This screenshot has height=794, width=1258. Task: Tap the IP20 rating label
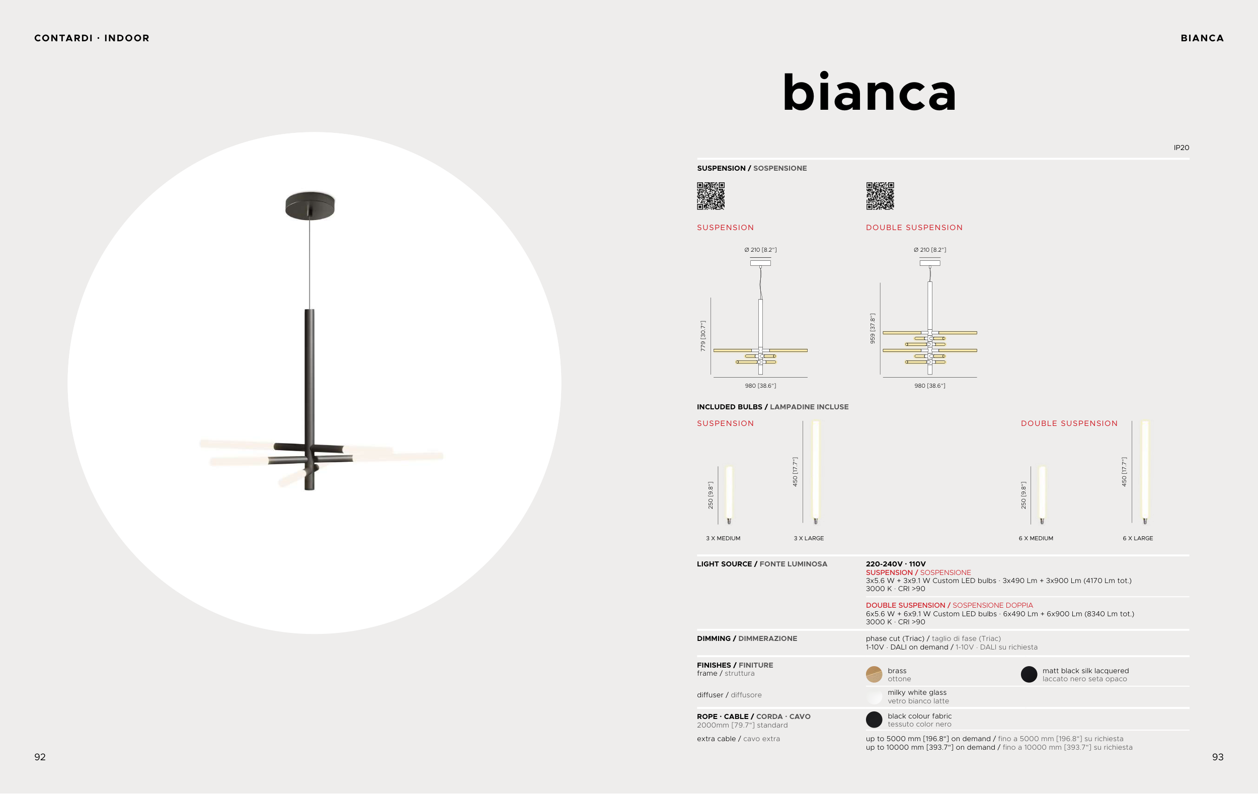pyautogui.click(x=1181, y=148)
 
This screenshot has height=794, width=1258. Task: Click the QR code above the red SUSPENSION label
pyautogui.click(x=711, y=196)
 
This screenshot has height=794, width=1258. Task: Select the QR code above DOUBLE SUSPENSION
pyautogui.click(x=880, y=196)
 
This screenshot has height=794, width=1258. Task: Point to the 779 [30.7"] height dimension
pyautogui.click(x=703, y=336)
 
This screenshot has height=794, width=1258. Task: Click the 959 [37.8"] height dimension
pyautogui.click(x=873, y=328)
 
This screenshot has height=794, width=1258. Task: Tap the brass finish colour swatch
pyautogui.click(x=874, y=674)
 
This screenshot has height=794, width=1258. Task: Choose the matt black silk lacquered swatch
pyautogui.click(x=1029, y=674)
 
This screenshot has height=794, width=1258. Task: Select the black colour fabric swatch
pyautogui.click(x=874, y=720)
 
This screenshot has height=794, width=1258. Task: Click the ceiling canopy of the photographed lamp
pyautogui.click(x=310, y=205)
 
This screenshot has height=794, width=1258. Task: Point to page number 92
pyautogui.click(x=40, y=757)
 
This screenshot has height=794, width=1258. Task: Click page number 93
pyautogui.click(x=1218, y=757)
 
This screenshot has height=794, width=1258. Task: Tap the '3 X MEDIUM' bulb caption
pyautogui.click(x=723, y=538)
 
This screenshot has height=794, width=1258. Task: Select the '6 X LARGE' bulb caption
pyautogui.click(x=1138, y=538)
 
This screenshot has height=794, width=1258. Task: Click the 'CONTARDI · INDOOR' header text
pyautogui.click(x=92, y=38)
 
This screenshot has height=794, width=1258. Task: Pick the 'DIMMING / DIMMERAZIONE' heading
pyautogui.click(x=747, y=639)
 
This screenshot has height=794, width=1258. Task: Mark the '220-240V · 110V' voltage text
pyautogui.click(x=895, y=564)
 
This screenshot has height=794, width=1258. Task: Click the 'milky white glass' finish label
pyautogui.click(x=917, y=693)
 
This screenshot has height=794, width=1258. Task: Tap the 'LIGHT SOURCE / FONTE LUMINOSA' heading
pyautogui.click(x=762, y=564)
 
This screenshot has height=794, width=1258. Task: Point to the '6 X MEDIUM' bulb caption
pyautogui.click(x=1036, y=538)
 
